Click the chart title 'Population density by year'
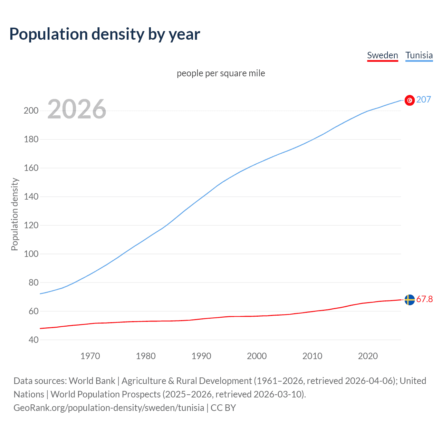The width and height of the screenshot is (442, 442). pyautogui.click(x=105, y=34)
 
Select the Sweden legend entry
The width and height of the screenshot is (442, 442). pyautogui.click(x=382, y=55)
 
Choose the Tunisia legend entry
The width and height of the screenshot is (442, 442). pyautogui.click(x=419, y=55)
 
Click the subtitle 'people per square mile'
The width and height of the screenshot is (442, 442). pyautogui.click(x=221, y=73)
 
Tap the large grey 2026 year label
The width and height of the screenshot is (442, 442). pyautogui.click(x=77, y=109)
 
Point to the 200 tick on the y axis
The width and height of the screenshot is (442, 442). pyautogui.click(x=31, y=111)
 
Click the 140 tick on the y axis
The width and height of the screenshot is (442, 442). pyautogui.click(x=31, y=197)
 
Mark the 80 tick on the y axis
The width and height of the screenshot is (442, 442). pyautogui.click(x=33, y=282)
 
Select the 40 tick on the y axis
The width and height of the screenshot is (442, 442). pyautogui.click(x=33, y=340)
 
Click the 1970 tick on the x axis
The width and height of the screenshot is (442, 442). pyautogui.click(x=90, y=356)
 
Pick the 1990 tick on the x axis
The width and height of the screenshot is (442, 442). pyautogui.click(x=201, y=356)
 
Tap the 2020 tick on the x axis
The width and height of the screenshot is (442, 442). pyautogui.click(x=368, y=356)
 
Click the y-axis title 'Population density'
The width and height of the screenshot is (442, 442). pyautogui.click(x=15, y=214)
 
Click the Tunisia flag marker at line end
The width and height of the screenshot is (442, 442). pyautogui.click(x=410, y=100)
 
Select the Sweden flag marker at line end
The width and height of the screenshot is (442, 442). pyautogui.click(x=410, y=300)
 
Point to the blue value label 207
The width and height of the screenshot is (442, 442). pyautogui.click(x=424, y=99)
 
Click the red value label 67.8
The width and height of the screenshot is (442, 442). pyautogui.click(x=424, y=299)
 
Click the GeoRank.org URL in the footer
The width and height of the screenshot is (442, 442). pyautogui.click(x=109, y=407)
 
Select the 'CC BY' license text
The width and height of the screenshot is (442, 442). pyautogui.click(x=223, y=407)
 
